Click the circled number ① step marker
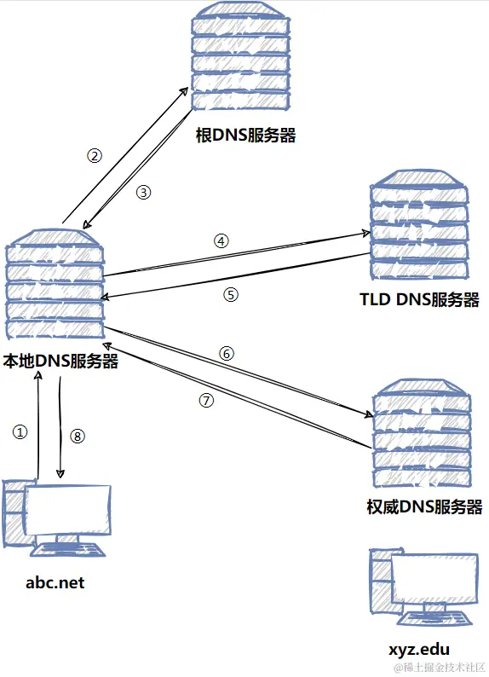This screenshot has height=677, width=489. (x=21, y=432)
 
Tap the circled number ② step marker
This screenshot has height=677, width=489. (x=95, y=155)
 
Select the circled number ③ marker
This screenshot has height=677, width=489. (x=144, y=193)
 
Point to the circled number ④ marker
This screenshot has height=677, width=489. (x=221, y=240)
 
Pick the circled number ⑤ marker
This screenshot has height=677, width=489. (x=231, y=294)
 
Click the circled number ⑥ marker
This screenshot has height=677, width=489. (x=226, y=353)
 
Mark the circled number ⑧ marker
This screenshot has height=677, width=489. (x=78, y=437)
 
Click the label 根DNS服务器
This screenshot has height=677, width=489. (x=245, y=135)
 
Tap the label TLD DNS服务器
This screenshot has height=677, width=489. (x=419, y=300)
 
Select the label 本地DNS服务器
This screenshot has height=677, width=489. (x=60, y=361)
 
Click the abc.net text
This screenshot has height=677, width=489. (x=55, y=582)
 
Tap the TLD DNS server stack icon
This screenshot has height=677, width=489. (x=419, y=226)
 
